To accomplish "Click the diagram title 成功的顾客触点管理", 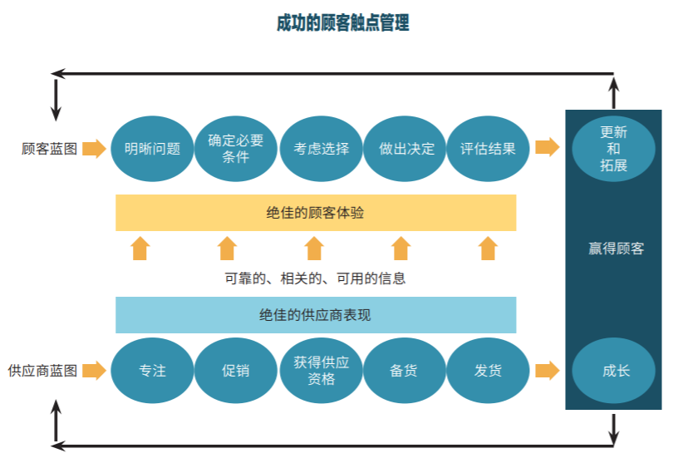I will (342, 23).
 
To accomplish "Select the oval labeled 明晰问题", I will (152, 149).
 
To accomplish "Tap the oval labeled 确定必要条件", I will (236, 149).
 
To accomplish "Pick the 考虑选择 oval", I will (321, 149).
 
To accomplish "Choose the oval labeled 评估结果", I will (489, 149).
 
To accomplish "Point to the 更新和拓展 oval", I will (613, 149).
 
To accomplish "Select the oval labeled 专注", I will (152, 371).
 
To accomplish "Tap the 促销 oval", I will (236, 371).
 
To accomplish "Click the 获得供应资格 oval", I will (321, 371).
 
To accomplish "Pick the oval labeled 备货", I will (404, 371).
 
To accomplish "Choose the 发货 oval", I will (489, 371).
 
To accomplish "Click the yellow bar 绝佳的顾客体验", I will (316, 213).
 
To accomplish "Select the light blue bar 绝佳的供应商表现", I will (316, 315).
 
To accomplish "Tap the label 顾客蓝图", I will (50, 149).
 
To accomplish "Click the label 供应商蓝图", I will (42, 371).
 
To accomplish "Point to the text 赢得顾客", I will (616, 249).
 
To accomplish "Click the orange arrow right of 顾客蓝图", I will (95, 149).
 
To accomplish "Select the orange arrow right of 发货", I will (547, 371).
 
